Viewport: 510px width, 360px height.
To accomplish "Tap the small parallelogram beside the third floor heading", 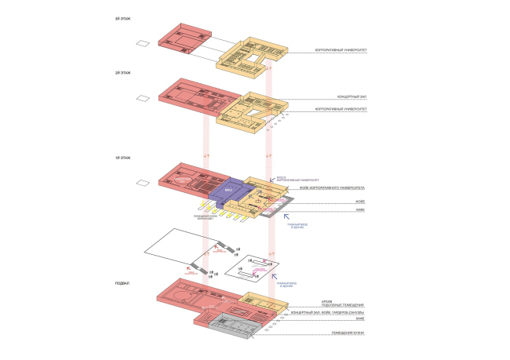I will coord(141,44).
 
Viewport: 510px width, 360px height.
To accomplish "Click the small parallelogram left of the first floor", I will coord(141,184).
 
